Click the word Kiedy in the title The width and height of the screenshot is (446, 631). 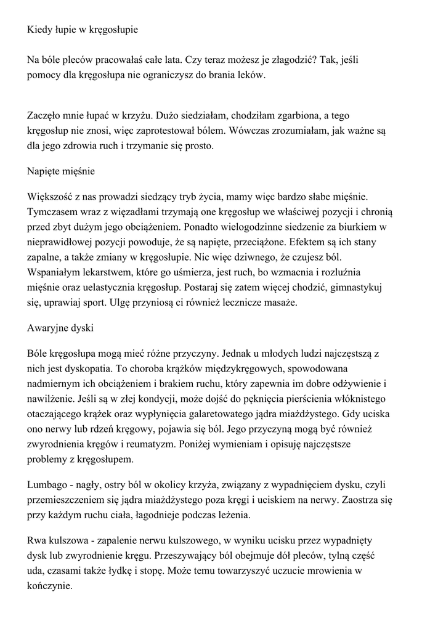[40, 29]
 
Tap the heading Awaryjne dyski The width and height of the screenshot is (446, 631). [60, 328]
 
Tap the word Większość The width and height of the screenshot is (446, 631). [51, 197]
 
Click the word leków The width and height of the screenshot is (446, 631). [251, 75]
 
